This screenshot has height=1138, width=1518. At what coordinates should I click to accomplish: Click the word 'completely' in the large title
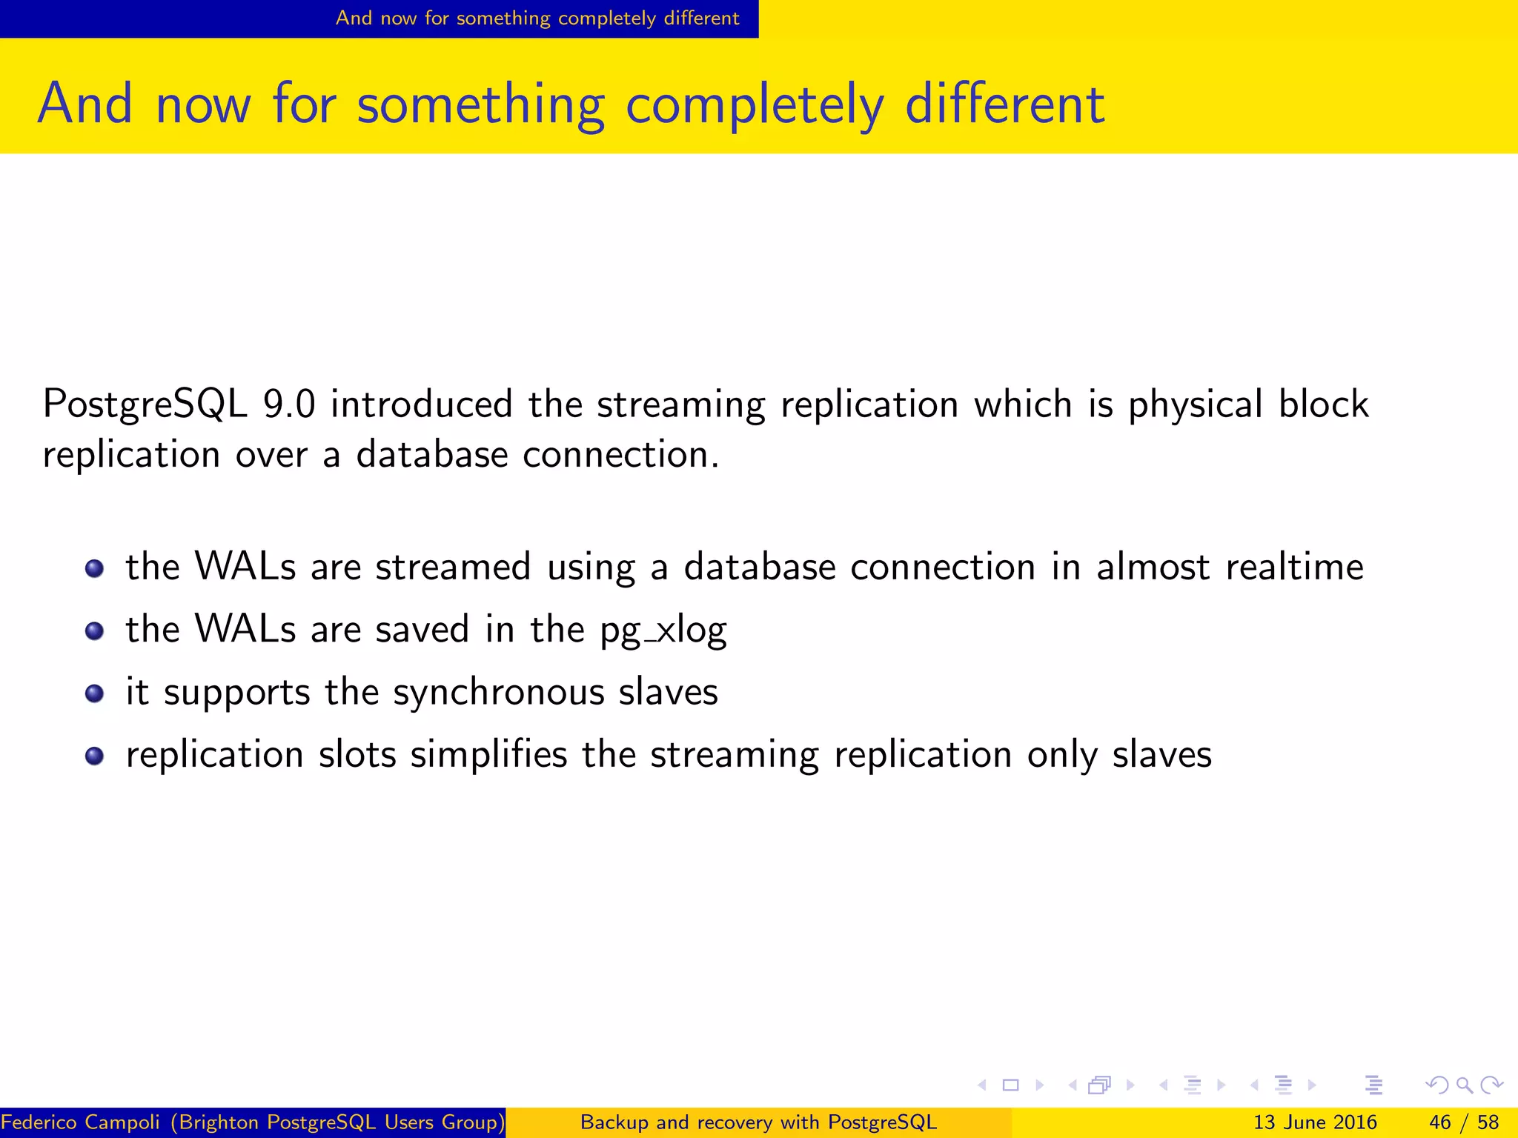(x=755, y=106)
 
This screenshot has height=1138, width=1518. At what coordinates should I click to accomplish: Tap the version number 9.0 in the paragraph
(x=289, y=405)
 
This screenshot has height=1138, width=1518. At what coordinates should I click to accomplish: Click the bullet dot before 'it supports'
(x=94, y=693)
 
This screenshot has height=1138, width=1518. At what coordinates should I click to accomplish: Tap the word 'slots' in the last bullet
(x=357, y=755)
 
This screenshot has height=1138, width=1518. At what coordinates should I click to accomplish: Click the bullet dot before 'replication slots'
(x=94, y=756)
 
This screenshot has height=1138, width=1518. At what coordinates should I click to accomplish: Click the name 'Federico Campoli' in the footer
(x=80, y=1122)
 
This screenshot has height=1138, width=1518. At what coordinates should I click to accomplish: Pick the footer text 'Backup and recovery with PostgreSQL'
(x=758, y=1122)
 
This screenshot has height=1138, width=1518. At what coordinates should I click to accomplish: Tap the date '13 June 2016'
(x=1314, y=1122)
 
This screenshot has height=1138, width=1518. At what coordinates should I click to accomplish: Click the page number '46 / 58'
(x=1463, y=1122)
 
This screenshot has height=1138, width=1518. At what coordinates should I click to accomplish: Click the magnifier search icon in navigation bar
(x=1464, y=1085)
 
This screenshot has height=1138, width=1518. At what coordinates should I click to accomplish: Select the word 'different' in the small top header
(x=701, y=18)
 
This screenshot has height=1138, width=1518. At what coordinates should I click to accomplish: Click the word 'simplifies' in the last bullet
(x=488, y=755)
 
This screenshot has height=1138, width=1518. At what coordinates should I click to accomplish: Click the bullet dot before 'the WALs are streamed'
(x=94, y=569)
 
